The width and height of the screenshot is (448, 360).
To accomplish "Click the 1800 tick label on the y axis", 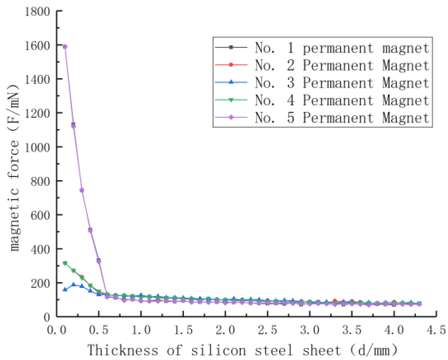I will coord(37,12).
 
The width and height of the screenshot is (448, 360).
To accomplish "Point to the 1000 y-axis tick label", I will coord(37,147).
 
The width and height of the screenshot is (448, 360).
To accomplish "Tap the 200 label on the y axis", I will coord(40,283).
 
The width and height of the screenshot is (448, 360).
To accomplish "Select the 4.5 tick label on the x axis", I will coord(436,330).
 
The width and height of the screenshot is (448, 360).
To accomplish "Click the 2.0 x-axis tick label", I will coord(225,330).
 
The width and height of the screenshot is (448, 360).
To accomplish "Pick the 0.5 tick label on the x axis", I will coord(99,330).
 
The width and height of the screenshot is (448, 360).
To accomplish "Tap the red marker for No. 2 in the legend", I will coord(231,65).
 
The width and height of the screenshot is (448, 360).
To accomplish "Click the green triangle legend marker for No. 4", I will coord(231,100).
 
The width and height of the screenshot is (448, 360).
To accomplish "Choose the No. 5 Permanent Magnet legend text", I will coord(342,118).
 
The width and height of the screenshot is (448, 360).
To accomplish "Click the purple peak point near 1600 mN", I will coord(65,47).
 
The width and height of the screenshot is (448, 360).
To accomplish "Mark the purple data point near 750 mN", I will coord(82,190).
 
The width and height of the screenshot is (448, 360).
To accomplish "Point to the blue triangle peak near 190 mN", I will coord(73,285).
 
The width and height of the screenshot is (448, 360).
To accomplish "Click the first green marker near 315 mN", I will coord(65,263).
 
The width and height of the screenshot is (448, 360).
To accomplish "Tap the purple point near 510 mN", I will coord(90,230).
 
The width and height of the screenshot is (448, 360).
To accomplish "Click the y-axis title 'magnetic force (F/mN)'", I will coord(14,168).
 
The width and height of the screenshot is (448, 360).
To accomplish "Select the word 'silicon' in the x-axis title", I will coord(218,350).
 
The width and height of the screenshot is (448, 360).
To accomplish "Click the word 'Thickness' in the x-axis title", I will coord(123,350).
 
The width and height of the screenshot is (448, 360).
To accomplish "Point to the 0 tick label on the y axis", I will coord(47,317).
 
